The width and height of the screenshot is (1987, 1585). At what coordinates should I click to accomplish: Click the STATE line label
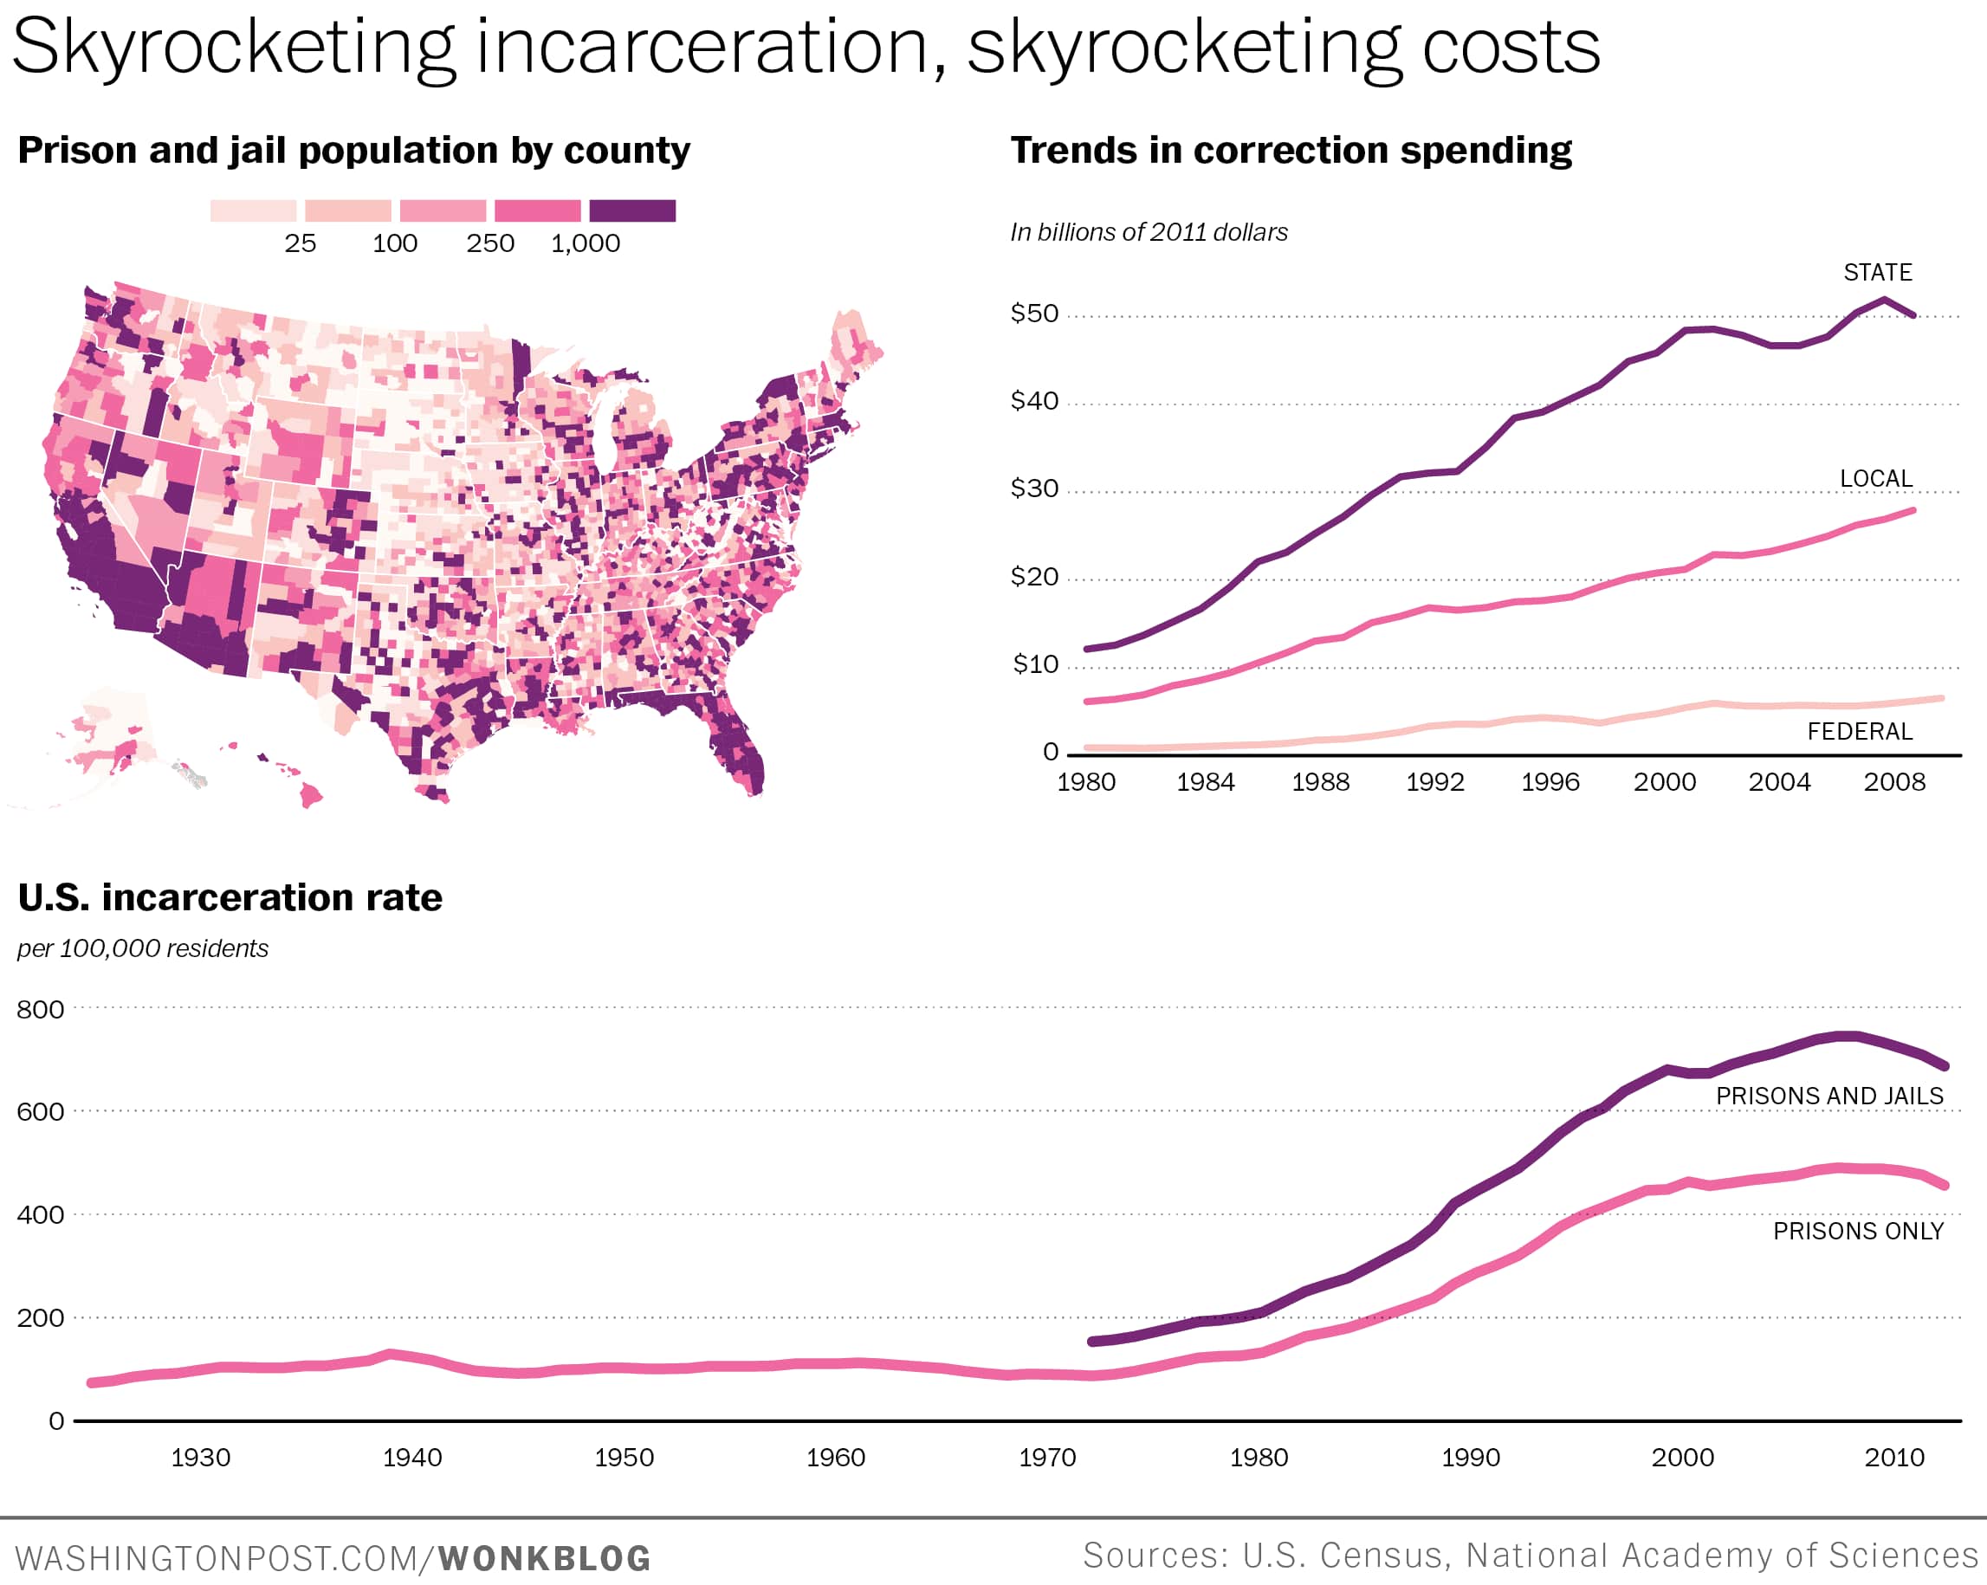(x=1877, y=273)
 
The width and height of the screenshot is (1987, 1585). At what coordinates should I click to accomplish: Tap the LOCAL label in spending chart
(x=1875, y=479)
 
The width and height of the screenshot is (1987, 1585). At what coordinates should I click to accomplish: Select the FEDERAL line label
(x=1860, y=732)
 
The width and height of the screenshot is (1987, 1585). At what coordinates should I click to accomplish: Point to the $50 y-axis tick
(x=1034, y=314)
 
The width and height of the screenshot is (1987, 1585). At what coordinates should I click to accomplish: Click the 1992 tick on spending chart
(x=1434, y=782)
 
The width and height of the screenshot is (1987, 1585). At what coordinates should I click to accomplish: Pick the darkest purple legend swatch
(x=632, y=211)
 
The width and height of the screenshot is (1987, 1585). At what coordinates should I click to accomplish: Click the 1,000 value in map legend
(x=586, y=244)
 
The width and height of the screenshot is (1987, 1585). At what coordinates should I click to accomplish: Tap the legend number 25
(x=300, y=244)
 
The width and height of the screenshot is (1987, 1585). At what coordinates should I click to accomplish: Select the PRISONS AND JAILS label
(x=1828, y=1096)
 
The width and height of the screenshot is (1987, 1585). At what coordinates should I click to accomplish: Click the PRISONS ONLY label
(x=1858, y=1231)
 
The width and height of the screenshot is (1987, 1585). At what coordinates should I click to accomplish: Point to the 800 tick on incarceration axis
(x=41, y=1009)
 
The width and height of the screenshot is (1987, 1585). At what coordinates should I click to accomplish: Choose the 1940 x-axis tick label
(x=412, y=1457)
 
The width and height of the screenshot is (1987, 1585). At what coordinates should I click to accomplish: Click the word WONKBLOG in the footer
(x=544, y=1558)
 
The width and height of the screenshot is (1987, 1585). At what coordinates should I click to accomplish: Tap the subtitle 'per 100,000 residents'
(x=143, y=948)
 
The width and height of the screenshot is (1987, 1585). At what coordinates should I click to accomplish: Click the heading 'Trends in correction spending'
(x=1291, y=150)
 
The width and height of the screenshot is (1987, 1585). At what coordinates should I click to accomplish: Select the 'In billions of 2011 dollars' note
(x=1149, y=232)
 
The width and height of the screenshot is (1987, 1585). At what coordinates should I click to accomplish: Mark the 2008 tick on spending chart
(x=1894, y=782)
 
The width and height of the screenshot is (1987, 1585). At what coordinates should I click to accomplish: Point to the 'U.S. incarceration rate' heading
(x=230, y=897)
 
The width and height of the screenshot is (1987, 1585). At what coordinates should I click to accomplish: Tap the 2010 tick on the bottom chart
(x=1894, y=1457)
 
